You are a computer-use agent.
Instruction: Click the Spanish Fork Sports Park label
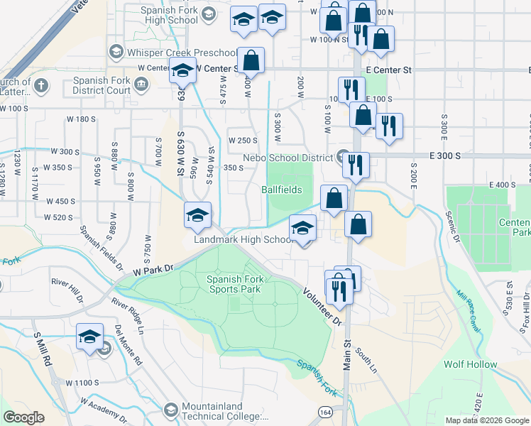235,284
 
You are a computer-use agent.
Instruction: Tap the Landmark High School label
244,240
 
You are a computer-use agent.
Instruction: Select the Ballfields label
281,190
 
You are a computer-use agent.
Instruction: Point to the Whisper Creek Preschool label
181,53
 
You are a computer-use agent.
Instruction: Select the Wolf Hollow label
471,364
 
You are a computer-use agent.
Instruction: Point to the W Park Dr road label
153,271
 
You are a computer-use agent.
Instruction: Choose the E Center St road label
389,70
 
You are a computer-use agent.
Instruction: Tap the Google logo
23,417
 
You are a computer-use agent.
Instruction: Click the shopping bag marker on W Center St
251,61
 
